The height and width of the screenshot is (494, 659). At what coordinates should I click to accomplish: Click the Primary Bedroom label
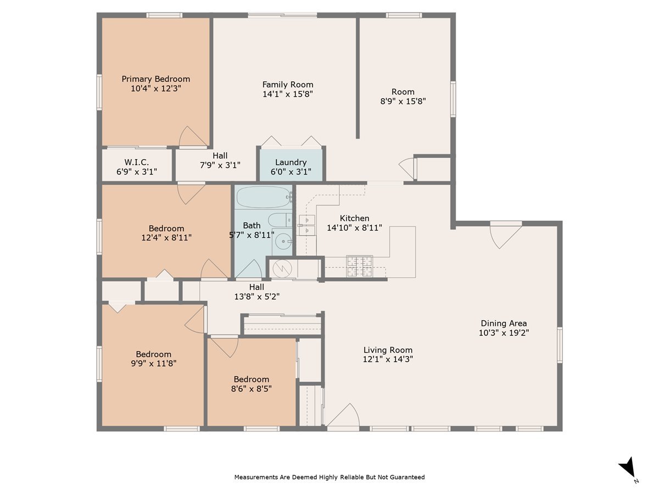point(155,79)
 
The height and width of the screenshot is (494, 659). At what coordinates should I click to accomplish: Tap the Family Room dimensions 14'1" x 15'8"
point(288,94)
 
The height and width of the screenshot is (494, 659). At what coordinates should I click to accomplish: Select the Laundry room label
point(291,162)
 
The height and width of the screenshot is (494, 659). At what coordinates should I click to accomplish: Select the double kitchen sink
point(306,225)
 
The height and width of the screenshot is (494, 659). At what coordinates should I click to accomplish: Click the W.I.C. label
point(137,162)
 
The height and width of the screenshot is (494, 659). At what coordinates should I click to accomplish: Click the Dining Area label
point(504,323)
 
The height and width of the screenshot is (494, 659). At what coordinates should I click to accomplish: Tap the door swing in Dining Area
point(504,235)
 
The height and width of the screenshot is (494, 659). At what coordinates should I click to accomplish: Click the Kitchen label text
point(354,218)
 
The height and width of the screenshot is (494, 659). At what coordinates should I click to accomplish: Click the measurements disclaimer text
point(329,478)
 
